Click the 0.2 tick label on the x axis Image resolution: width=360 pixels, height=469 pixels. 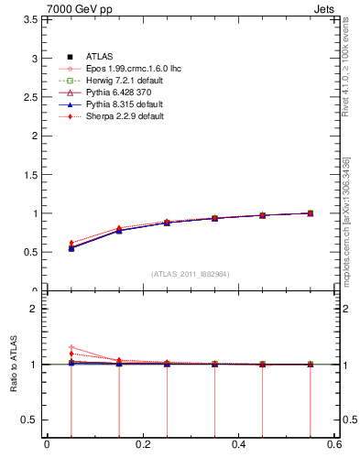click(142, 444)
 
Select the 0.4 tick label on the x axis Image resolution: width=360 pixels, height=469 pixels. click(238, 444)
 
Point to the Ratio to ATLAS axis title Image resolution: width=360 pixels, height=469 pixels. click(13, 364)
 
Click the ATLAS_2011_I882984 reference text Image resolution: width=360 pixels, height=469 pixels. click(191, 274)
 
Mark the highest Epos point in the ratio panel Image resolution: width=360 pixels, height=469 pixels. click(71, 347)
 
